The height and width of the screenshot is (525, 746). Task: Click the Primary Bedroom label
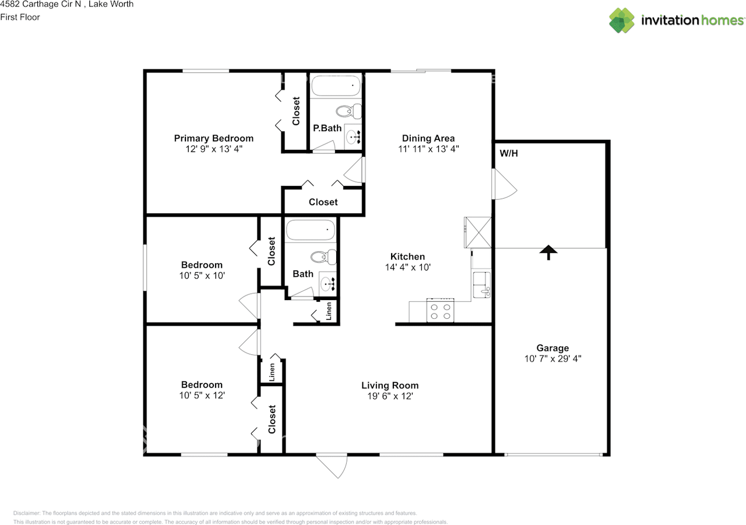click(x=213, y=138)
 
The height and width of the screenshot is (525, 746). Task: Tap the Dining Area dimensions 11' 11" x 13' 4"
click(x=428, y=149)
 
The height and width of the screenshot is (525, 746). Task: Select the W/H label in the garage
click(x=509, y=153)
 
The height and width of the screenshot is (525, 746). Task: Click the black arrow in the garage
click(x=548, y=252)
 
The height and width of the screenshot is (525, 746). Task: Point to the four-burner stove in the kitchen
click(x=440, y=310)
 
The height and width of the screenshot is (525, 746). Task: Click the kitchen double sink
click(x=481, y=284)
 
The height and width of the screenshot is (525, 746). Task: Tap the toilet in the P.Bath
click(x=349, y=111)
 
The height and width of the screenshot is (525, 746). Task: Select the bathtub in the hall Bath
click(x=310, y=230)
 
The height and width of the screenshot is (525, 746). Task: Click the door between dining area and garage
click(x=504, y=184)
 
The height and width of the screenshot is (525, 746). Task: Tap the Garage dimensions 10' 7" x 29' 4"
click(x=553, y=358)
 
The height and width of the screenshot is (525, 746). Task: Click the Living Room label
click(x=390, y=385)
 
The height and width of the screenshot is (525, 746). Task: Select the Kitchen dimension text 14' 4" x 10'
click(x=407, y=267)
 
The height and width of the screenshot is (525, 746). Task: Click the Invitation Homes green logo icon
click(x=621, y=20)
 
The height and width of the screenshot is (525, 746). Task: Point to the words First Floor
click(x=20, y=17)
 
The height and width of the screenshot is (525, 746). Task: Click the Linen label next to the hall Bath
click(x=329, y=311)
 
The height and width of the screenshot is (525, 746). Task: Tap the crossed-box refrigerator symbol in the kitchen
click(x=478, y=232)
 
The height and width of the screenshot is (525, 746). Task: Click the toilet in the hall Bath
click(x=323, y=257)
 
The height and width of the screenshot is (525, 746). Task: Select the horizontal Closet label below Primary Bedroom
click(x=323, y=202)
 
